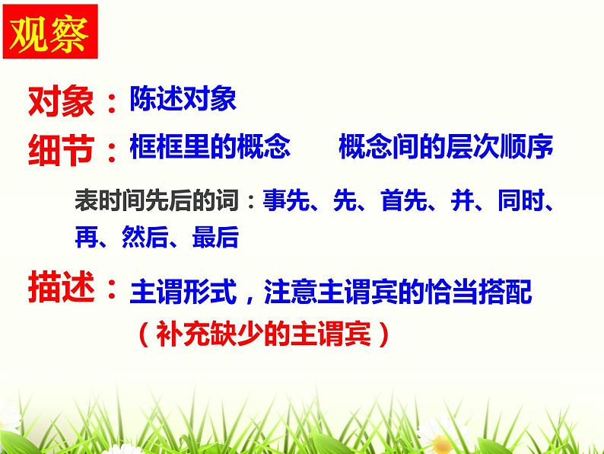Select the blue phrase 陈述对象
point(183,99)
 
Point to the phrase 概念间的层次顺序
point(445,146)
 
